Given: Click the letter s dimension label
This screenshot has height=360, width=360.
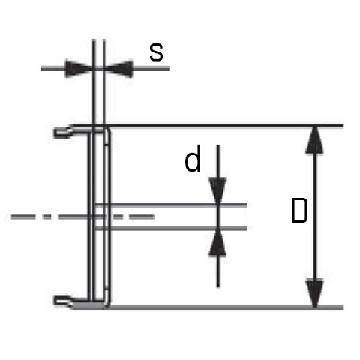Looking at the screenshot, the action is (x=156, y=52).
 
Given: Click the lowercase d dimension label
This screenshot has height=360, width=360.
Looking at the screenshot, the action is (x=193, y=158).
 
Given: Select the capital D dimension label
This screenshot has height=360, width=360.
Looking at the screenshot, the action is (x=299, y=211).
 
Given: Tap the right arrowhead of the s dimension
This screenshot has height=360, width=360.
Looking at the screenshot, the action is (x=118, y=68).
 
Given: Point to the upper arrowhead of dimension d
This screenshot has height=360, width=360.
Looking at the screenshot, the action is (x=218, y=191).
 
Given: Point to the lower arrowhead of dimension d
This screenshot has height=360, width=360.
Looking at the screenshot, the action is (x=217, y=242).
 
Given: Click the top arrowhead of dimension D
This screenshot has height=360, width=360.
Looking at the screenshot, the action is (x=314, y=140).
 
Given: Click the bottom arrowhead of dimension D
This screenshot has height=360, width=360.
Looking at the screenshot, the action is (x=315, y=292).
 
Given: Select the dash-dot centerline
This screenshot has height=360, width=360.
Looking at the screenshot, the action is (x=82, y=217).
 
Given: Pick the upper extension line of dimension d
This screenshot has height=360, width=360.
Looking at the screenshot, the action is (x=171, y=205).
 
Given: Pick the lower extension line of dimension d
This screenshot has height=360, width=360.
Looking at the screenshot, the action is (x=171, y=228).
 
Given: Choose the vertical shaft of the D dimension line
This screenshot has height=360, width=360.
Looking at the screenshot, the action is (x=315, y=217).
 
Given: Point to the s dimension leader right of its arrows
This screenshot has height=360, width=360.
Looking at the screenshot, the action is (x=151, y=68).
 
